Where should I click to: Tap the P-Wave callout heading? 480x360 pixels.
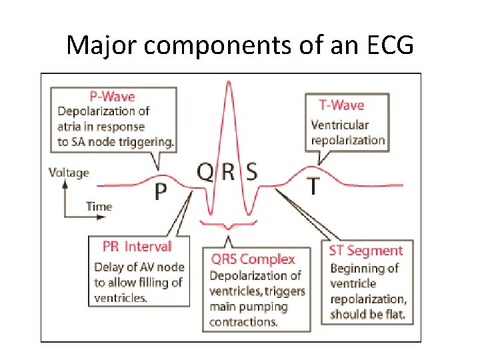112,97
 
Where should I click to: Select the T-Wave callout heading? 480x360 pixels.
341,105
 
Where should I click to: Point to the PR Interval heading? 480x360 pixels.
137,247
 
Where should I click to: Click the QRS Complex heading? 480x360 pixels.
253,259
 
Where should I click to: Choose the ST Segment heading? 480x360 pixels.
366,251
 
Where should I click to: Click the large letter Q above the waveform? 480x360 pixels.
206,171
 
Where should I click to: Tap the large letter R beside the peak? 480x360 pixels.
229,171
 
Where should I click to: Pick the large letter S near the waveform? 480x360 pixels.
251,171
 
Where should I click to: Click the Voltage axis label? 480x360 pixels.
69,173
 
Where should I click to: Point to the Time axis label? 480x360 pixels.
99,207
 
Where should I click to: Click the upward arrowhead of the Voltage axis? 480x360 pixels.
65,184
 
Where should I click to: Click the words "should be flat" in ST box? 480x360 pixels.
368,314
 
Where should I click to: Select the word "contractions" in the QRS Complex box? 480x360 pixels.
243,322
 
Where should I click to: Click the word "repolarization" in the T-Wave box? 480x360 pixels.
348,140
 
